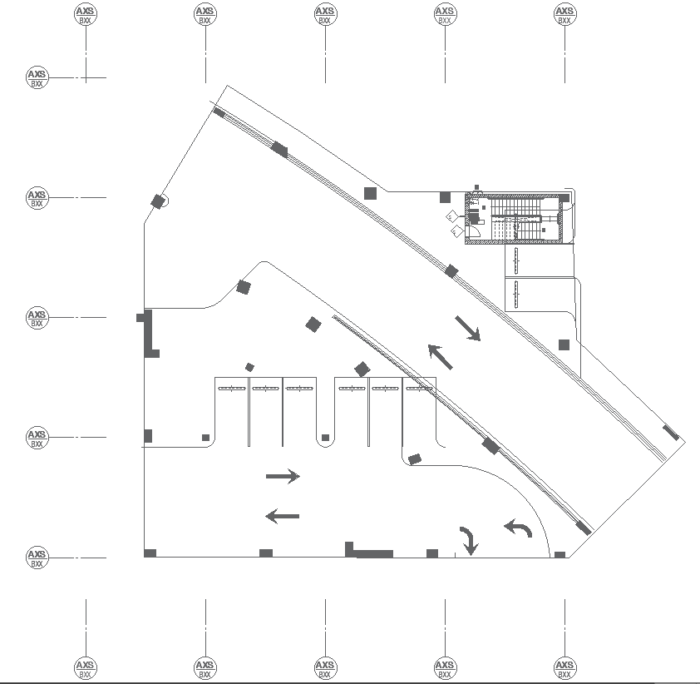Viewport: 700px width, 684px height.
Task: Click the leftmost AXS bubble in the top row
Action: point(86,14)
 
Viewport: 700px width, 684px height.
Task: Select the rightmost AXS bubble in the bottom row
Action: point(564,667)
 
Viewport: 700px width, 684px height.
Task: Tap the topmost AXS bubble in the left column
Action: point(37,78)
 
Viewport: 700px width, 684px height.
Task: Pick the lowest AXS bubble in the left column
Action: point(37,558)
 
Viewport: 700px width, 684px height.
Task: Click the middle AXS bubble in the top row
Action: point(325,14)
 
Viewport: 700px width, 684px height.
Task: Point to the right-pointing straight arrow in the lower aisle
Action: point(283,477)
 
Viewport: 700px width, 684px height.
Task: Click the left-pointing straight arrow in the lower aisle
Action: point(282,517)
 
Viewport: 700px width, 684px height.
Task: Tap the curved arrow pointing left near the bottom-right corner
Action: point(519,528)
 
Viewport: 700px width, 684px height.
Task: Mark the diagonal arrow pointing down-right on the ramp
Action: point(468,329)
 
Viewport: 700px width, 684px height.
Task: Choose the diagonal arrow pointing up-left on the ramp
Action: point(441,357)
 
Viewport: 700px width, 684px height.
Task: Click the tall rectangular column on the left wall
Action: point(149,333)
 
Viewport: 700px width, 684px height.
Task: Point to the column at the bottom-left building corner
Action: point(150,553)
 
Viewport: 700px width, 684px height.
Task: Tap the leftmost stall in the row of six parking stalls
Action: point(232,412)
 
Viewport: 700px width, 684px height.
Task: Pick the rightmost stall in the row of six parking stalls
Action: point(420,412)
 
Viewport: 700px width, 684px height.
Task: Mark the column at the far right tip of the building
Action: point(671,433)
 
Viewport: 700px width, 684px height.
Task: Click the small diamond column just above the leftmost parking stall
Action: point(249,367)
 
